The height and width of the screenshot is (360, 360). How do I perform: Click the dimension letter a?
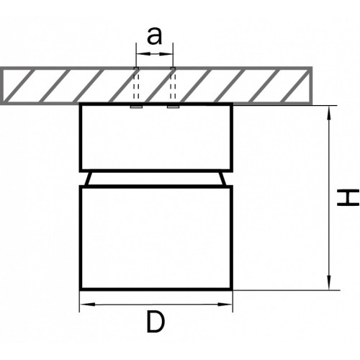coord(154,37)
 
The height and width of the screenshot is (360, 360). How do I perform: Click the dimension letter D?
coord(156,322)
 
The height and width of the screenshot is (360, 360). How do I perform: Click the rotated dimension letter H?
coord(348,198)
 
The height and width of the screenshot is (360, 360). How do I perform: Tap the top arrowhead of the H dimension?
coord(329,112)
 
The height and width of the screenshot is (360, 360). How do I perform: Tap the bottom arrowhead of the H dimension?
coord(329,283)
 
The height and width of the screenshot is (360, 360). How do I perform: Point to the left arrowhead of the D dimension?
coord(87,305)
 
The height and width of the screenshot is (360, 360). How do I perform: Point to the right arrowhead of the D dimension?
coord(225,305)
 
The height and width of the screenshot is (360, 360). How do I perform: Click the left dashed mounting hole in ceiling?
coord(136,84)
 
